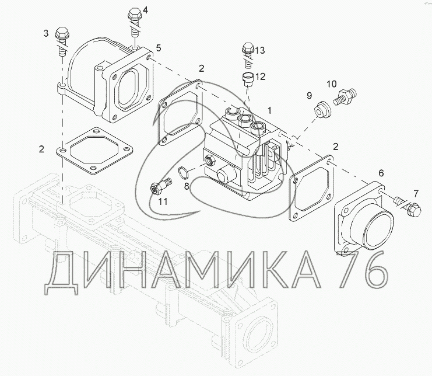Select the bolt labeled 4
click(x=134, y=23)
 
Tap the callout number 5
click(x=159, y=48)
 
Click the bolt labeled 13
click(x=248, y=55)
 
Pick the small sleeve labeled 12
click(x=247, y=79)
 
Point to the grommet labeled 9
click(x=323, y=110)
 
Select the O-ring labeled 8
click(x=184, y=172)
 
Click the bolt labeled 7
click(x=408, y=207)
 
